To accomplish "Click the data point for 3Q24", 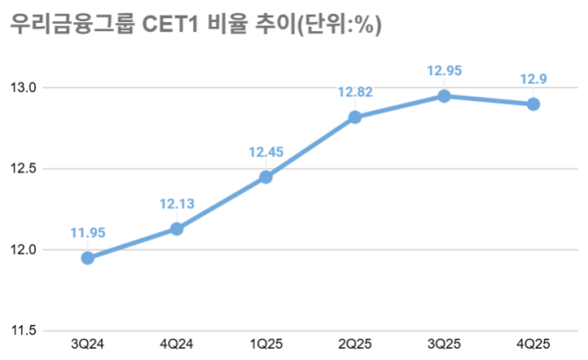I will point(87,258).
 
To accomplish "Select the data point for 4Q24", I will point(176,229).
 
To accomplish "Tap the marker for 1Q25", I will point(266,177).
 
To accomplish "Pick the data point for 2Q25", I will point(355,118).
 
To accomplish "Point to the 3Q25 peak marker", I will point(444,96).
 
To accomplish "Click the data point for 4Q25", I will point(533,104).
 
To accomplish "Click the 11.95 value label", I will point(87,232).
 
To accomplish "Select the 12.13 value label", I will point(176,203).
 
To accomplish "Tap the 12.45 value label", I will point(266,152).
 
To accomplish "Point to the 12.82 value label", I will point(355,92).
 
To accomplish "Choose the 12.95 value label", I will point(444,70).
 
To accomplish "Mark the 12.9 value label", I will point(533,78).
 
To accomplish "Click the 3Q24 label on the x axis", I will point(87,343).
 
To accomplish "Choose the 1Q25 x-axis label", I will point(266,343).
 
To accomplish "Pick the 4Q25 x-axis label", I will point(533,343).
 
